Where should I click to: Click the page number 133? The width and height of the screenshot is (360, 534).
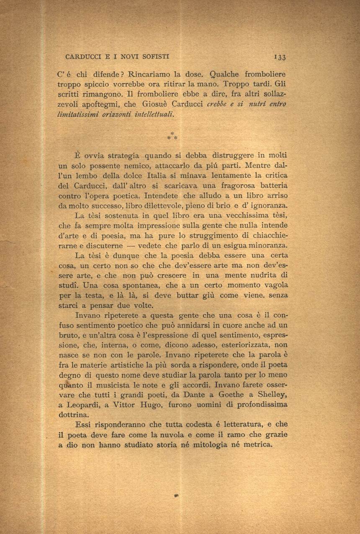point(280,57)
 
